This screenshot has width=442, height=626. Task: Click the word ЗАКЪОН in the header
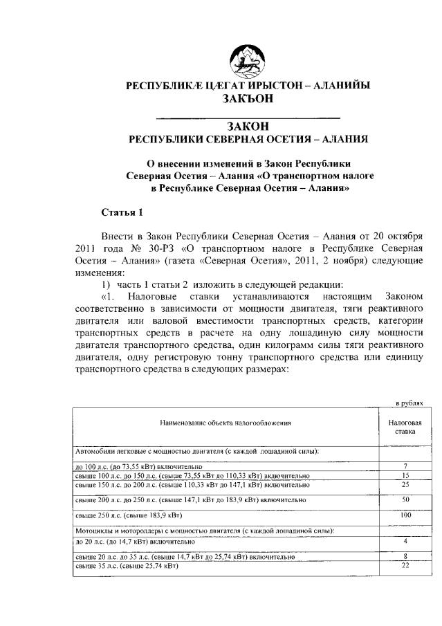[248, 98]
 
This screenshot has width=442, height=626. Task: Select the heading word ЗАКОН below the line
[248, 126]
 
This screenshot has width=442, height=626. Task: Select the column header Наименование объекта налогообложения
[226, 421]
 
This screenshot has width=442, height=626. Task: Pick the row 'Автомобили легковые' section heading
[196, 451]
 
